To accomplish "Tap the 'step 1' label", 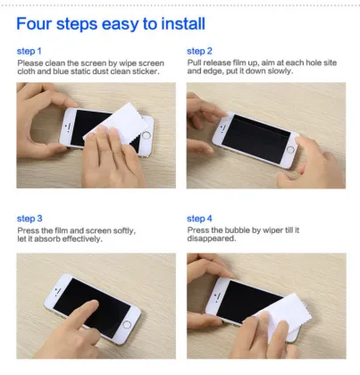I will coord(30,51).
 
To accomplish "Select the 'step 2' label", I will coord(199,51).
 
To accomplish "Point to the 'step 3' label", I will coord(30,219).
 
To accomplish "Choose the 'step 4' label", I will coord(199,219).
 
